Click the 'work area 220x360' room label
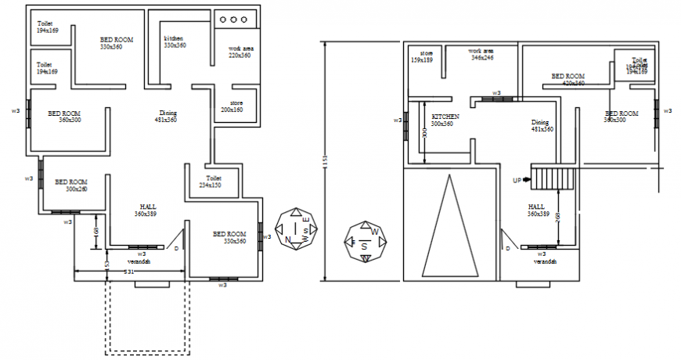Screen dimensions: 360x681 (240, 52)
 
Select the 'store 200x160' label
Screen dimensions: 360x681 (232, 106)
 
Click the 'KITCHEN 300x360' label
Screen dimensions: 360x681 (445, 120)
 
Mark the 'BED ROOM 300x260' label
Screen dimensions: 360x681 (70, 185)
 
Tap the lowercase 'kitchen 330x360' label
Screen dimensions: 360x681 (175, 42)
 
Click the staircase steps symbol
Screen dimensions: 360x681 (553, 178)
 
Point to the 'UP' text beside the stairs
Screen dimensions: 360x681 (517, 181)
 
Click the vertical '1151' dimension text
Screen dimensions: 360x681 (324, 161)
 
